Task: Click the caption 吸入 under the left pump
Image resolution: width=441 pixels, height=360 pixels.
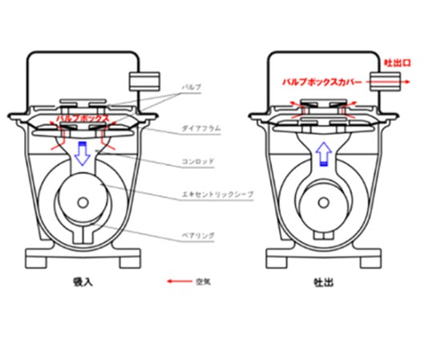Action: tap(82, 283)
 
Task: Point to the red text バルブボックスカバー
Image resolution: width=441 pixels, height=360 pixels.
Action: tap(322, 81)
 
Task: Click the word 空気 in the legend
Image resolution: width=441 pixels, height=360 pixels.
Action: tap(202, 282)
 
